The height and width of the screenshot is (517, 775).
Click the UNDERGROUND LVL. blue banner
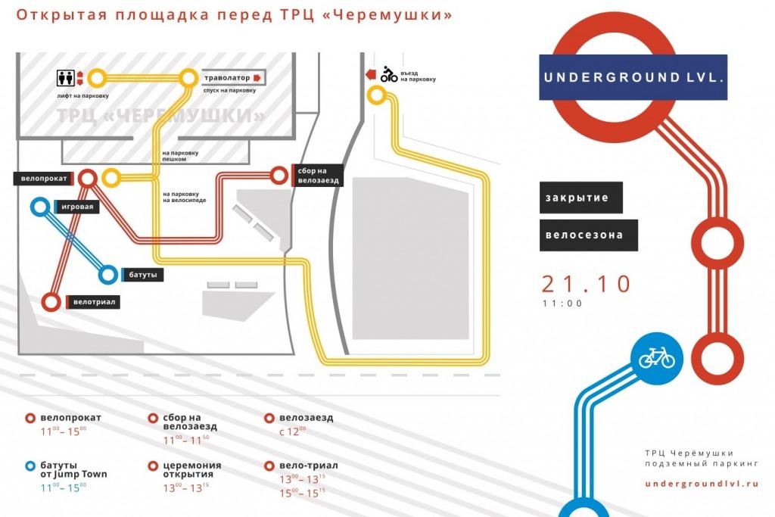[633, 77]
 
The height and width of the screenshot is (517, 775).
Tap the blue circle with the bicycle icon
[656, 357]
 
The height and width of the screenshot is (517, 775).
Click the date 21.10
[586, 284]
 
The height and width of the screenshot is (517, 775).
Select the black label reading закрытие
[581, 197]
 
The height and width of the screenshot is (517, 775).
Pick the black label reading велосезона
[589, 235]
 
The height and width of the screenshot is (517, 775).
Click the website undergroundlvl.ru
[702, 483]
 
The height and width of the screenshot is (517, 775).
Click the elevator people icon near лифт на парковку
[65, 77]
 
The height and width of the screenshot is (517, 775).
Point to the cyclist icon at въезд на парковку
[389, 74]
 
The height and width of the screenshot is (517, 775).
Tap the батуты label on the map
[141, 275]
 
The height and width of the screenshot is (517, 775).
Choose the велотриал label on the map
[95, 302]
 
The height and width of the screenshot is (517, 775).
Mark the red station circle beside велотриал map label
[51, 302]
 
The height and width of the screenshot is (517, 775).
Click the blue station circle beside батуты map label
[108, 274]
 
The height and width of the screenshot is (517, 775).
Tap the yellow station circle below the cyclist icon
[376, 95]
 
